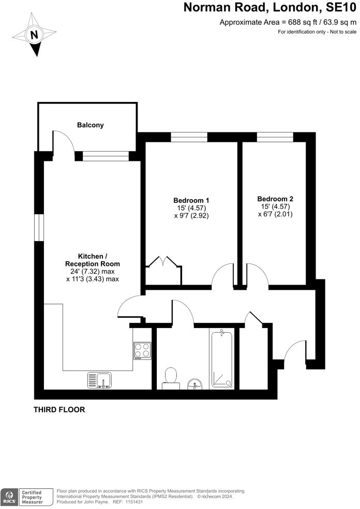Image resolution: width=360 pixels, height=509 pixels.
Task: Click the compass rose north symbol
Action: [x=35, y=35]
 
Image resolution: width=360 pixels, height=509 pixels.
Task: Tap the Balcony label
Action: [x=91, y=125]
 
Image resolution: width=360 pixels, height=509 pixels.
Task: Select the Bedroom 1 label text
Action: [x=191, y=200]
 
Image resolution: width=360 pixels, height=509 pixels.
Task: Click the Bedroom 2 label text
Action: [x=275, y=199]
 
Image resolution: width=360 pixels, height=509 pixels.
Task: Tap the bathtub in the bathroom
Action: [x=222, y=359]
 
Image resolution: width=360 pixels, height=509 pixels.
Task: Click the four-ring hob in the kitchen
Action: [x=142, y=351]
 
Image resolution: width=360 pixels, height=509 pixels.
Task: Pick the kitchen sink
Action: [x=99, y=380]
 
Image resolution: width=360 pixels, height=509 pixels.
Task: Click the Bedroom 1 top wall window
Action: [x=189, y=137]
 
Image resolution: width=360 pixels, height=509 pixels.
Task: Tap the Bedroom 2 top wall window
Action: [x=275, y=137]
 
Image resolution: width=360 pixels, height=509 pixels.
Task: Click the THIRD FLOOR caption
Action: [x=59, y=410]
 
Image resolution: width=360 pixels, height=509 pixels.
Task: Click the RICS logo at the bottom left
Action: [x=9, y=495]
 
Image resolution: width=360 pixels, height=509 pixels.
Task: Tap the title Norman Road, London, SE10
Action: [x=271, y=8]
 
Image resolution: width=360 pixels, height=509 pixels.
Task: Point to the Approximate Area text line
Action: [x=288, y=22]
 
